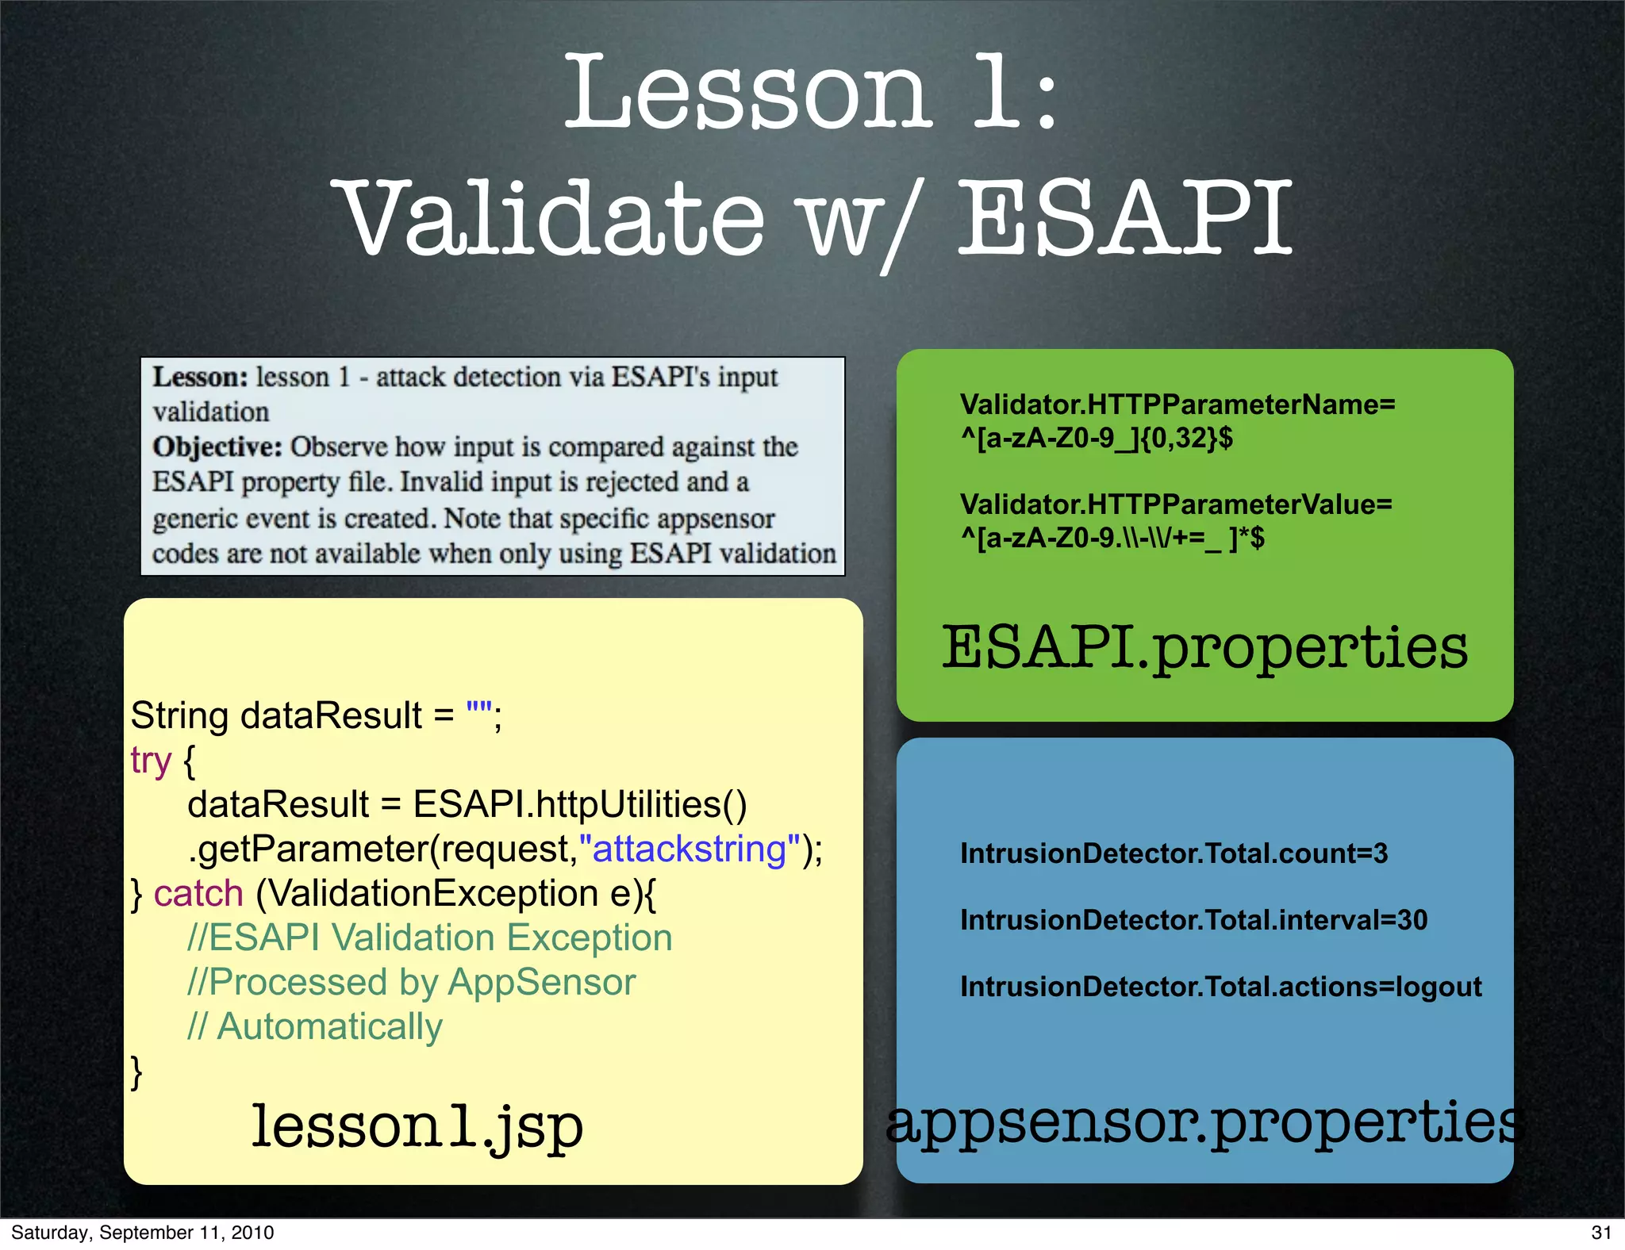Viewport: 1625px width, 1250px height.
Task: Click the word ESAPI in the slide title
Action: pyautogui.click(x=1125, y=219)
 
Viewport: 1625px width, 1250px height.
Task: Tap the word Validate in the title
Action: pyautogui.click(x=553, y=219)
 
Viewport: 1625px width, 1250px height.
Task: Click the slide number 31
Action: pyautogui.click(x=1601, y=1233)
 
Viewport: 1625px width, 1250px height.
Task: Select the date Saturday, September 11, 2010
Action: pyautogui.click(x=143, y=1233)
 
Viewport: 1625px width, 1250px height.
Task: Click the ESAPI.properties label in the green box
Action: pyautogui.click(x=1204, y=648)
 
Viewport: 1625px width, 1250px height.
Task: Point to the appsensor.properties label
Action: pyautogui.click(x=1204, y=1122)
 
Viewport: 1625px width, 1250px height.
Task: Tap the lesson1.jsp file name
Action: pyautogui.click(x=417, y=1126)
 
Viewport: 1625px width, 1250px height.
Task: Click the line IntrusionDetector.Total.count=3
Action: pyautogui.click(x=1174, y=853)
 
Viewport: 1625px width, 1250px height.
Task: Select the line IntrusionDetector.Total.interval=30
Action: pyautogui.click(x=1193, y=920)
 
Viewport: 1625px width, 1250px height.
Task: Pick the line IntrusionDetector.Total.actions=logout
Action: pyautogui.click(x=1220, y=987)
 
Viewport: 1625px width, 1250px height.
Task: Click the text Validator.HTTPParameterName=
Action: pyautogui.click(x=1177, y=405)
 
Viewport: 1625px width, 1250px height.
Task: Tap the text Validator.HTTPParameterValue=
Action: pyautogui.click(x=1175, y=504)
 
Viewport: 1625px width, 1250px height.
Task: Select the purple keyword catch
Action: pyautogui.click(x=198, y=894)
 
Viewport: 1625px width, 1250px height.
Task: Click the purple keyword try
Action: pyautogui.click(x=151, y=761)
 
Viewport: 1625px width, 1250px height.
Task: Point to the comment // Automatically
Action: pyautogui.click(x=315, y=1026)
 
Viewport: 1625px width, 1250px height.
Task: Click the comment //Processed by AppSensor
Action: pyautogui.click(x=411, y=982)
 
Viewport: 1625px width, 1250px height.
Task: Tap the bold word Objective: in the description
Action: pyautogui.click(x=217, y=447)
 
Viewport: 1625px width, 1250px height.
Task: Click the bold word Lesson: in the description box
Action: pyautogui.click(x=201, y=378)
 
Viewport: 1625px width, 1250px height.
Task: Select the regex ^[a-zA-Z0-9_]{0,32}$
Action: pyautogui.click(x=1097, y=438)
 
